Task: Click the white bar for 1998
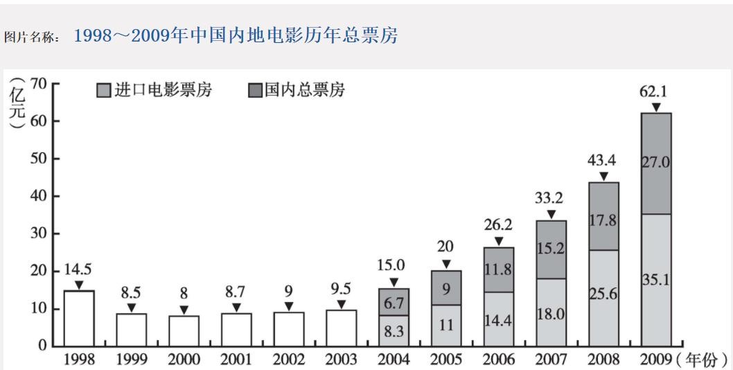[x=78, y=318]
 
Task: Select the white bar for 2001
[x=236, y=329]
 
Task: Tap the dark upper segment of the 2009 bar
[x=655, y=164]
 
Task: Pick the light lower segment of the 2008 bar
[x=603, y=297]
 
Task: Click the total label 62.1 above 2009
[x=655, y=91]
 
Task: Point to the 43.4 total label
[x=603, y=161]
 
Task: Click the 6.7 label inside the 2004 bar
[x=394, y=302]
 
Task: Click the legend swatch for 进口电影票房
[x=103, y=91]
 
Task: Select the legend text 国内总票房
[x=305, y=90]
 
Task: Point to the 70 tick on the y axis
[x=39, y=84]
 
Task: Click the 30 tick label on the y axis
[x=39, y=234]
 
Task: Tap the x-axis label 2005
[x=446, y=359]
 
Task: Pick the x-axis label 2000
[x=184, y=359]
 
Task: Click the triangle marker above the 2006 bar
[x=499, y=241]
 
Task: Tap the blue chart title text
[x=236, y=36]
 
